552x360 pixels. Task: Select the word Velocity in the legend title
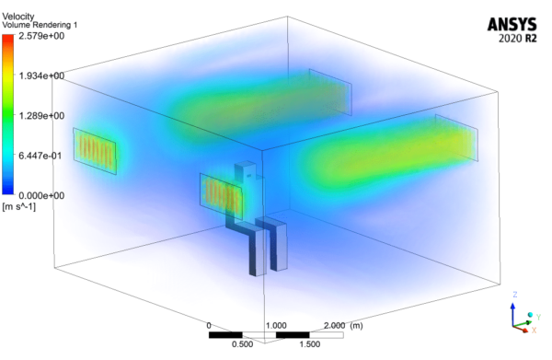(17, 7)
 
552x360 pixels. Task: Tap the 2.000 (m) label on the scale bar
(345, 326)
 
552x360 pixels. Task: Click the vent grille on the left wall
(94, 151)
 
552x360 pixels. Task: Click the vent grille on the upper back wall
(329, 90)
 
